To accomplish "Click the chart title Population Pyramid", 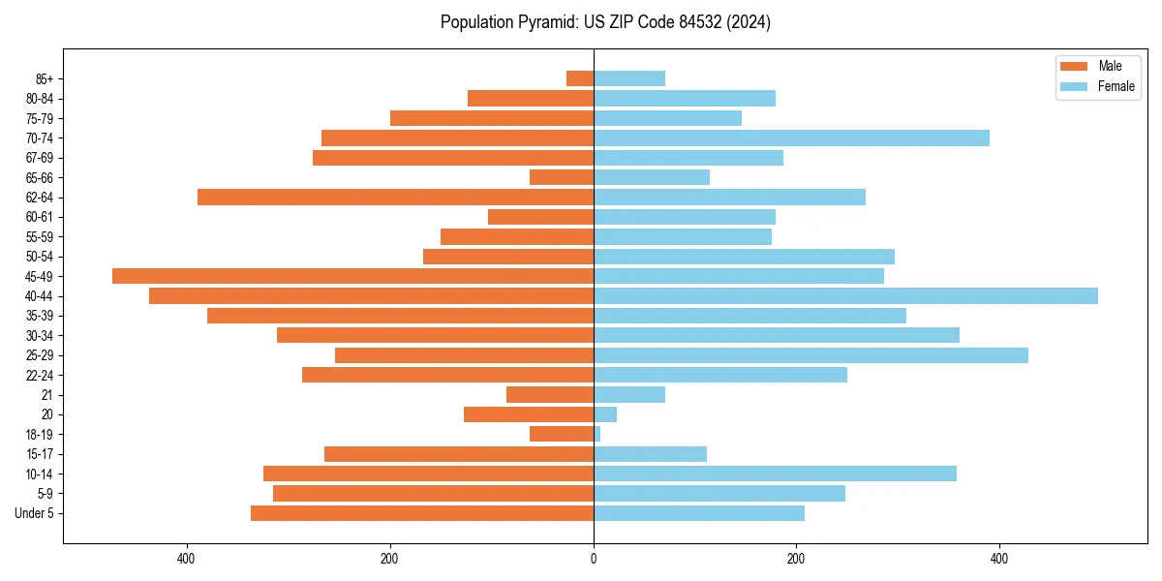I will (605, 22).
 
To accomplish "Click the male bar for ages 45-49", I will (352, 276).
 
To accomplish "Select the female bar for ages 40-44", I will (845, 295).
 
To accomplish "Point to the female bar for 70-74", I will (791, 138).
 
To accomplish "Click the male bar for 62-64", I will (395, 197).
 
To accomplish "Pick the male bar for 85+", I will (580, 78).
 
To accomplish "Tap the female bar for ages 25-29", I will (810, 355).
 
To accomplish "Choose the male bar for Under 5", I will (422, 513).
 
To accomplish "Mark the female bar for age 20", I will (605, 414).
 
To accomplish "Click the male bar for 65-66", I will (562, 177).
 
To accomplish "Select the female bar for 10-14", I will (775, 474).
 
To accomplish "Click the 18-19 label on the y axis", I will (40, 435).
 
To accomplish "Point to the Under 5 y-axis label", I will (35, 513).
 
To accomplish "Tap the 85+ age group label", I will (44, 78).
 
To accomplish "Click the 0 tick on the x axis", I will (594, 559).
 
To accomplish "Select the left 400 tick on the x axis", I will (187, 559).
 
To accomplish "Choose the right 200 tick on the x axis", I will (796, 559).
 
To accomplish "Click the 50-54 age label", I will (40, 257).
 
